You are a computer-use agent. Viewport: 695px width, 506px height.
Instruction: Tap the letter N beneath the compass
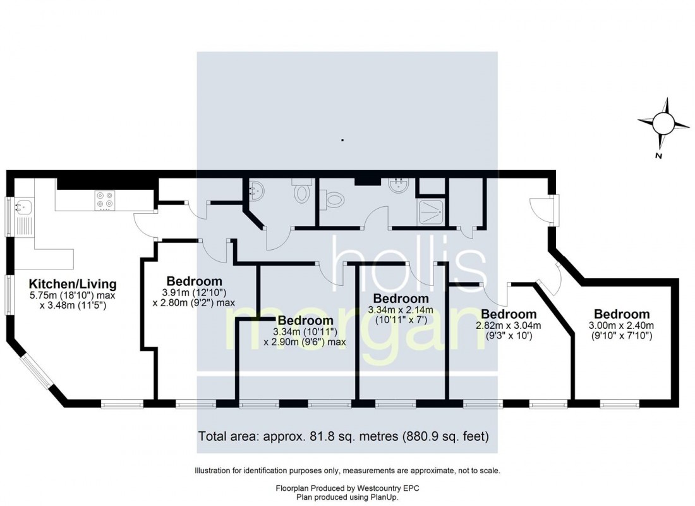click(658, 155)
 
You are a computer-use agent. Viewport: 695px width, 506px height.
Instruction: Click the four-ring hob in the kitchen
click(104, 200)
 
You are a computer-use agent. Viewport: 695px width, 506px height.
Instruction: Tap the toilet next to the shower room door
click(332, 199)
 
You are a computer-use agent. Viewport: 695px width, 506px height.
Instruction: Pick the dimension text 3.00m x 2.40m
click(622, 326)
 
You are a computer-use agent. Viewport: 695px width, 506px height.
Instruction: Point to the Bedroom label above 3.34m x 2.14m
click(401, 299)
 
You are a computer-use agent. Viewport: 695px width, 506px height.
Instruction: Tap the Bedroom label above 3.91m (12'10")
click(194, 281)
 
